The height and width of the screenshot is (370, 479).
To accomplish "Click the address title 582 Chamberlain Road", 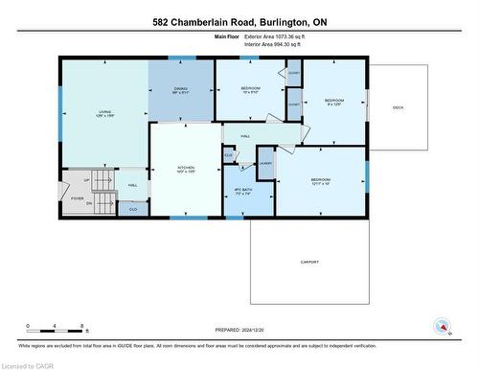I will click(x=239, y=21).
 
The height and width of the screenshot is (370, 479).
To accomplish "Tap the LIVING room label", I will click(x=103, y=113).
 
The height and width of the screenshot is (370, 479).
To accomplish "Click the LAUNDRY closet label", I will click(x=265, y=163).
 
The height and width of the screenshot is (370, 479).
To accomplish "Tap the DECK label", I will click(x=398, y=107).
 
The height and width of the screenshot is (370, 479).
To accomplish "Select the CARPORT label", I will click(x=308, y=262).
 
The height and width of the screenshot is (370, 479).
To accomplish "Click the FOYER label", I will click(x=77, y=199).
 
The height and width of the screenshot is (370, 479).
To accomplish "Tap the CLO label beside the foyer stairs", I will click(x=133, y=208).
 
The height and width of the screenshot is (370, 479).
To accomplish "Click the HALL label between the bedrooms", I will click(x=245, y=136).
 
